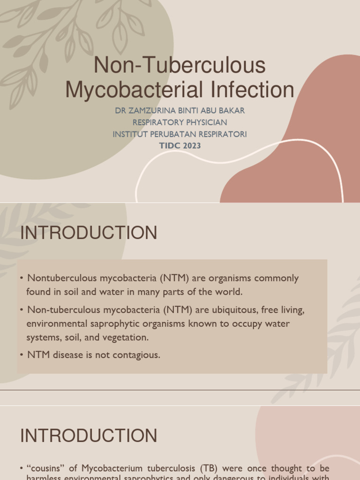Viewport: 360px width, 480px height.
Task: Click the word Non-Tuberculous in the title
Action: (x=180, y=65)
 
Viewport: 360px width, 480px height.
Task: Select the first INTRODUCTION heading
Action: (x=89, y=233)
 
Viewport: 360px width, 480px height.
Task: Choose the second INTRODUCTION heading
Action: (x=89, y=436)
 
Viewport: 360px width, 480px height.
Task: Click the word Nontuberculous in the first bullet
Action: (x=59, y=278)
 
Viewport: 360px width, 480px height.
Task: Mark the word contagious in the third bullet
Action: (x=135, y=355)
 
